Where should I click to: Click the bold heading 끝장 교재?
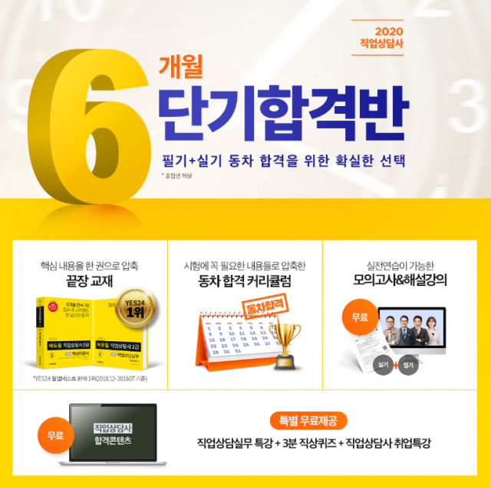(x=90, y=281)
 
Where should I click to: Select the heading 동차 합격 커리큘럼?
(x=245, y=281)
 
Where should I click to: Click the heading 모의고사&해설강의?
(x=400, y=281)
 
